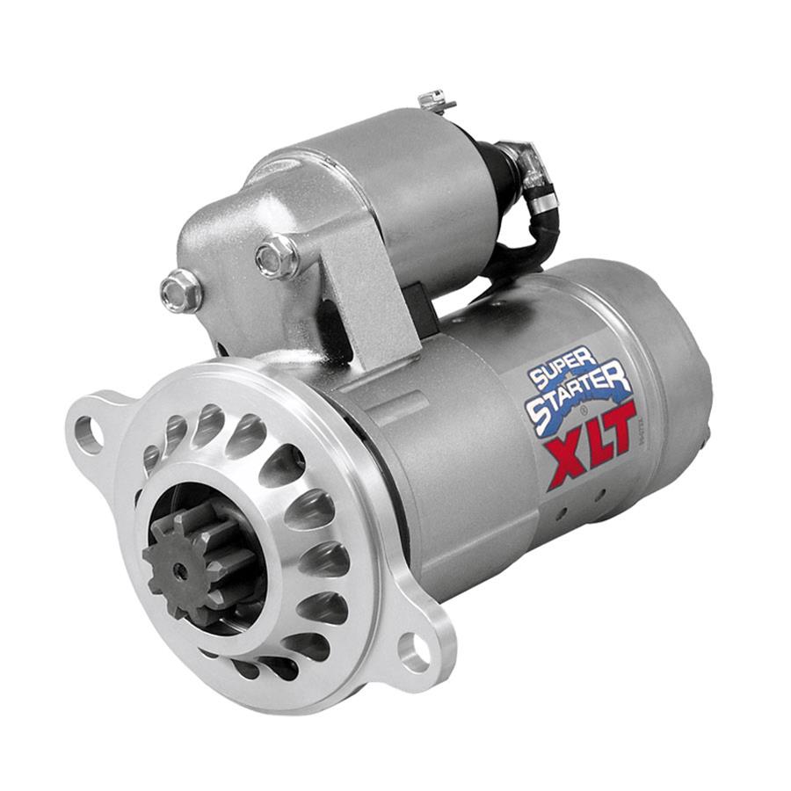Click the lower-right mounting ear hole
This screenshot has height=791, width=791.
tap(413, 651)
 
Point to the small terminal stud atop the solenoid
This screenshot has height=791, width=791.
tap(436, 102)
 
